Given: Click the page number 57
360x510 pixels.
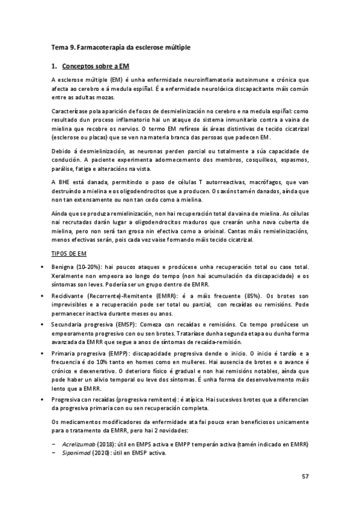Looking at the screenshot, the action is [305, 477].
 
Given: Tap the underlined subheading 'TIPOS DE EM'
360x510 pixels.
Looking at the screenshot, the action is [69, 254].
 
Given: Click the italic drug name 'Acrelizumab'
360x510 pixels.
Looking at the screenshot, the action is [80, 444].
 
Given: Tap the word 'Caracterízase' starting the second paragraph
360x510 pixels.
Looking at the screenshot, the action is [72, 111].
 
